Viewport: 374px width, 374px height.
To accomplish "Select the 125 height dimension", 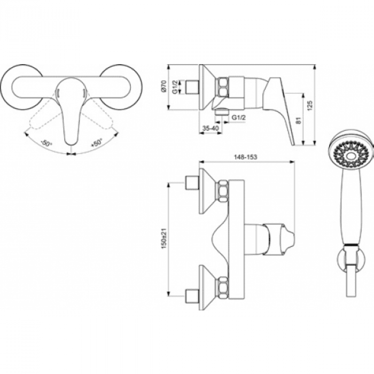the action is coord(309,105).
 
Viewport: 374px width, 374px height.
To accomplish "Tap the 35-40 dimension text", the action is coord(211,128).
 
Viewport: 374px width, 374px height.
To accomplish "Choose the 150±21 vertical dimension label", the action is coord(165,238).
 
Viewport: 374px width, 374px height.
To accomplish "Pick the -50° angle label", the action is coord(46,144).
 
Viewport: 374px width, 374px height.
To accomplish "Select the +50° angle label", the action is coord(96,143).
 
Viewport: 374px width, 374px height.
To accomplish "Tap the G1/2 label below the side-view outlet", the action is coord(239,118).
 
